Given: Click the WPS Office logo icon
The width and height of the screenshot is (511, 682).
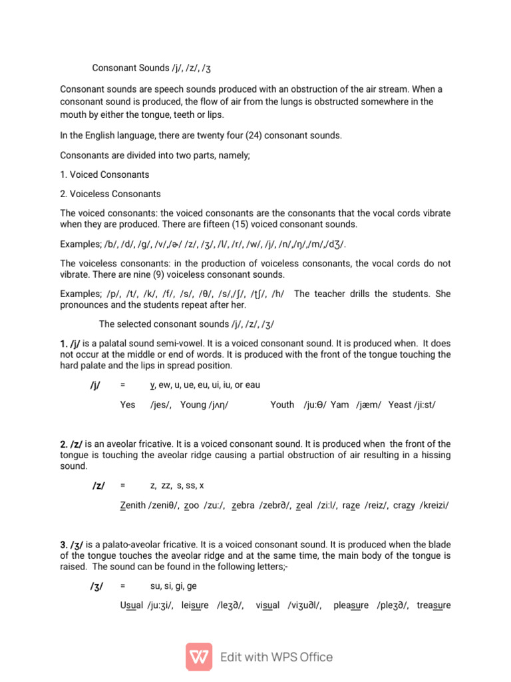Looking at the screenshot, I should pyautogui.click(x=199, y=657).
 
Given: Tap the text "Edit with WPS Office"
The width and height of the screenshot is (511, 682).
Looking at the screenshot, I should pyautogui.click(x=277, y=657).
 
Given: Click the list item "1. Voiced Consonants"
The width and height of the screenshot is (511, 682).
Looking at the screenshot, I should pyautogui.click(x=104, y=175).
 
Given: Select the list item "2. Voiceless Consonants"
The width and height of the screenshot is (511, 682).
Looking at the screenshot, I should pyautogui.click(x=110, y=194).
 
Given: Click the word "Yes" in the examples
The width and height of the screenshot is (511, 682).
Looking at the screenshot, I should pyautogui.click(x=128, y=404).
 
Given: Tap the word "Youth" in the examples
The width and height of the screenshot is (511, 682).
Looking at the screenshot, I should pyautogui.click(x=282, y=404).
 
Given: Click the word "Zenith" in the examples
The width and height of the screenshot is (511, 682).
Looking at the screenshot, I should pyautogui.click(x=133, y=506).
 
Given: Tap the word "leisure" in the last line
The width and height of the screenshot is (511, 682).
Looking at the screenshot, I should pyautogui.click(x=194, y=605).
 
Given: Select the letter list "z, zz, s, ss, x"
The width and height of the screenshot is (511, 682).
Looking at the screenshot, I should pyautogui.click(x=178, y=486).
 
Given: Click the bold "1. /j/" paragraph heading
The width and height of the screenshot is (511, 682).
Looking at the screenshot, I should pyautogui.click(x=71, y=342).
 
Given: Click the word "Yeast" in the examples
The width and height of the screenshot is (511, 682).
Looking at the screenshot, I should pyautogui.click(x=401, y=404).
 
